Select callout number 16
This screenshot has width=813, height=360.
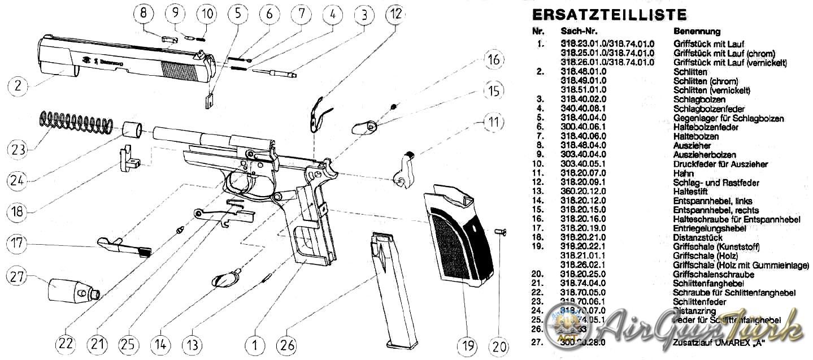(493, 60)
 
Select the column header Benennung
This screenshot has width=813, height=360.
(697, 31)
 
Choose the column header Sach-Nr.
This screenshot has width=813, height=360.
(579, 31)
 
